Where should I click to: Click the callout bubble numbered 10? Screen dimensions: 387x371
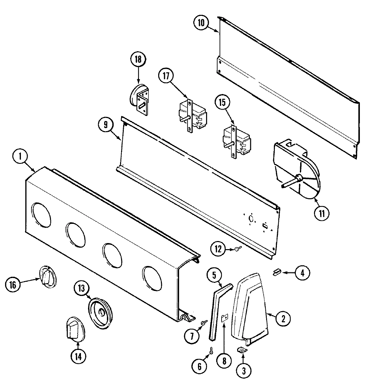coord(201,23)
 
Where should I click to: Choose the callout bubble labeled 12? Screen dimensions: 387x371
coord(219,249)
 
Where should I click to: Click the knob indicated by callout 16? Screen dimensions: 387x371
coord(48,277)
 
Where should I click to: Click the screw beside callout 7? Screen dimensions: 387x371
coord(204,323)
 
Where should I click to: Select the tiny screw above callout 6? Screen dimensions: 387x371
coord(211,351)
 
